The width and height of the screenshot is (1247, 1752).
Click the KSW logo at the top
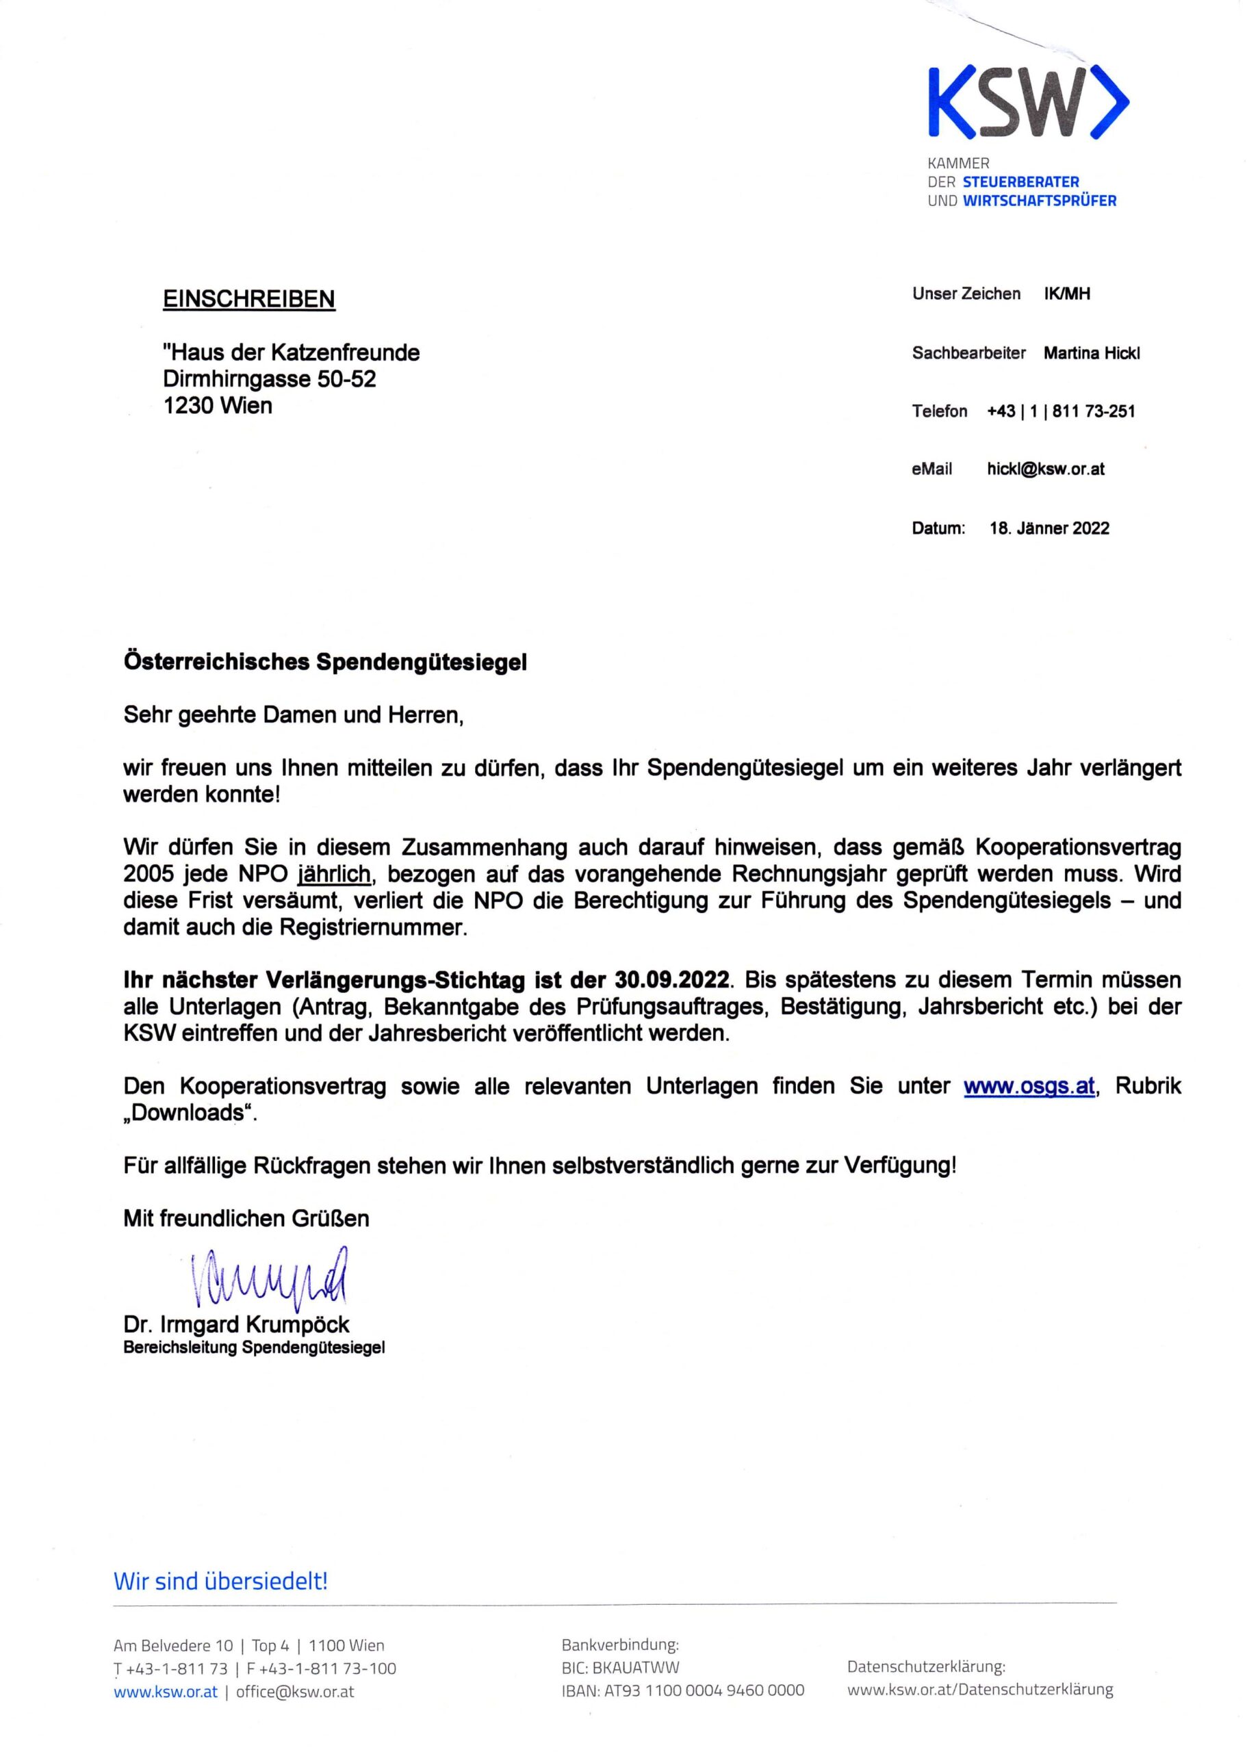1027,103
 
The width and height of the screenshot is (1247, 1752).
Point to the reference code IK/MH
1066,294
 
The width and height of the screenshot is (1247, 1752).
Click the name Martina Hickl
1091,353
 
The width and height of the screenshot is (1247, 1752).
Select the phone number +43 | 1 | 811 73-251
1060,411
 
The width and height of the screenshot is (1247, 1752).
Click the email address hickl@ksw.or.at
1045,468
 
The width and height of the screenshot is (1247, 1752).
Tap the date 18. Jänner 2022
1049,528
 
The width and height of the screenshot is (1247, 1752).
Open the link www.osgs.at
1028,1086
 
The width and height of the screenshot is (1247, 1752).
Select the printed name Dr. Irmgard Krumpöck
237,1324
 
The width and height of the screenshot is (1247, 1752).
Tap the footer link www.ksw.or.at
165,1691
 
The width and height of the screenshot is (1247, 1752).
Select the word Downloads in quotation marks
189,1113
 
